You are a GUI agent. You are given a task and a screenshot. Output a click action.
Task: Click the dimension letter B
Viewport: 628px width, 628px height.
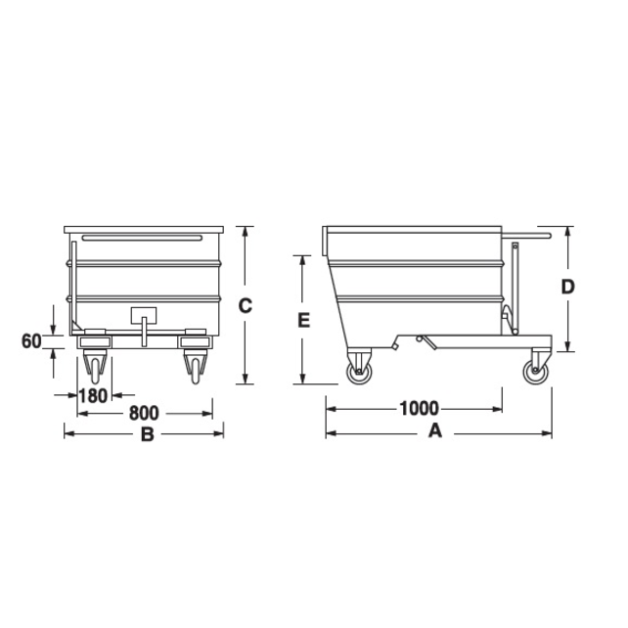click(147, 434)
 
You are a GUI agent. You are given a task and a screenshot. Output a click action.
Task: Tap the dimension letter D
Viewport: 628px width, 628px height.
click(566, 287)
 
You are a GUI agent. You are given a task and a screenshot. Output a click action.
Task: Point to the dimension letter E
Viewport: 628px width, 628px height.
click(304, 320)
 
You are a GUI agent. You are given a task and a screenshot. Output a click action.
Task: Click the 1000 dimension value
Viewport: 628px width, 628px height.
click(418, 408)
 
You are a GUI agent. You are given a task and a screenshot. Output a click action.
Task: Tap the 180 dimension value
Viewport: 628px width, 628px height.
click(92, 396)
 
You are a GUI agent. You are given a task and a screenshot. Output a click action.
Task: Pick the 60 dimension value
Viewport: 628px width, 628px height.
click(31, 341)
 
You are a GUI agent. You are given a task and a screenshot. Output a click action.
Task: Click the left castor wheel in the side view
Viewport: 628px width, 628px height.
click(359, 370)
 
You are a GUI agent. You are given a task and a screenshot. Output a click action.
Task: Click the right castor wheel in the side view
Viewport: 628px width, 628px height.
click(537, 371)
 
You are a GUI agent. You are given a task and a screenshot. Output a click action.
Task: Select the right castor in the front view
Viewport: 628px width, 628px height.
click(194, 368)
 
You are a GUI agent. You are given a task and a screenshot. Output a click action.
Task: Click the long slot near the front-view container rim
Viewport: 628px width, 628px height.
click(142, 237)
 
